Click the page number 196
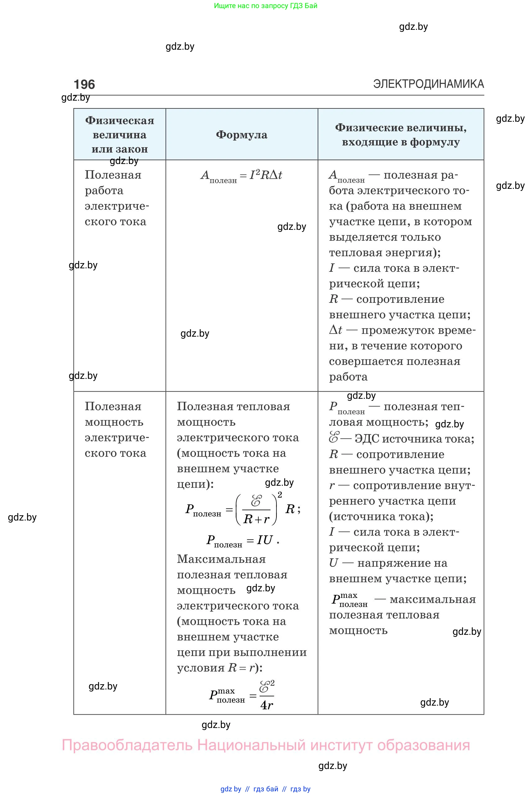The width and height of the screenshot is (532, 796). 84,84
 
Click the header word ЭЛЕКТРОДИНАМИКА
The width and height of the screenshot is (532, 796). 428,84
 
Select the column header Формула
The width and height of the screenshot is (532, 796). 242,135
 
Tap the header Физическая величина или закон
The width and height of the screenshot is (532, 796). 120,135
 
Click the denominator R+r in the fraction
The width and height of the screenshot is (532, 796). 256,519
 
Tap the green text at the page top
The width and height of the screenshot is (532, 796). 266,6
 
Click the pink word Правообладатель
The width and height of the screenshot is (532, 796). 127,745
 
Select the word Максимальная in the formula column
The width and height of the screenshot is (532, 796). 221,559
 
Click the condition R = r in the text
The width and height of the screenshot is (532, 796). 241,668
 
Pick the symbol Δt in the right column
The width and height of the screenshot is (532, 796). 335,330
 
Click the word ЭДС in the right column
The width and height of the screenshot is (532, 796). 367,439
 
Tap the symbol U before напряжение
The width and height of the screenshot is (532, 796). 334,563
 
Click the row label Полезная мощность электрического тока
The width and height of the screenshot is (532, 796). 115,430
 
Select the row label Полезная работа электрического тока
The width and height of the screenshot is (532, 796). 115,198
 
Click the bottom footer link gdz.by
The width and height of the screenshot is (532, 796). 231,789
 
